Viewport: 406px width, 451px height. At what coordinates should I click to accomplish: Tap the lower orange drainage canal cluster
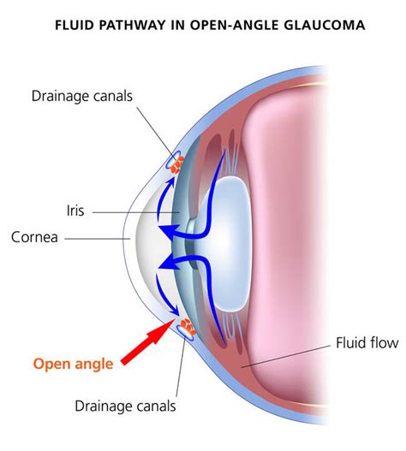(x=187, y=324)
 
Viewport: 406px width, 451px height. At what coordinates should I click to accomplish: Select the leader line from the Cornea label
(x=94, y=237)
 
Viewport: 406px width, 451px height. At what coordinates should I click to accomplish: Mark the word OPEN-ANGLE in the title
(x=236, y=25)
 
